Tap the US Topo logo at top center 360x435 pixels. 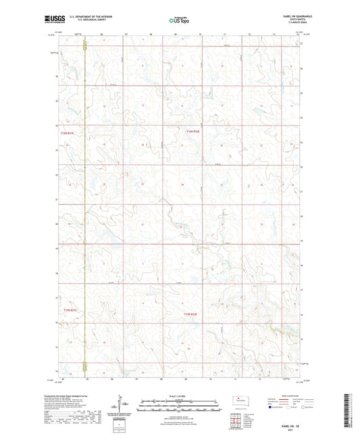click(x=180, y=21)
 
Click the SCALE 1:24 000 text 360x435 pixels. click(x=180, y=394)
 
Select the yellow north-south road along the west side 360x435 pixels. click(x=85, y=203)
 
